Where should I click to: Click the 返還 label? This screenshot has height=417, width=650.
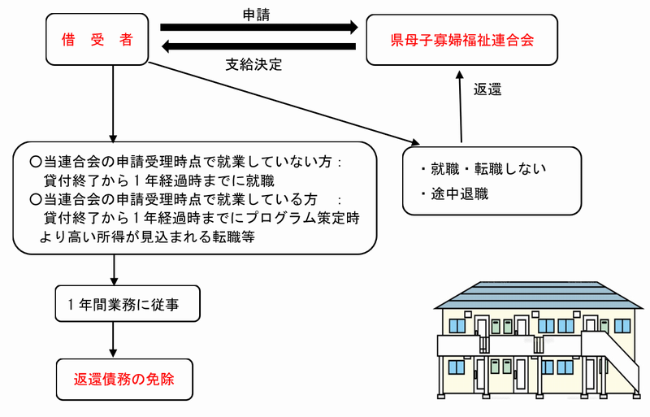click(x=487, y=89)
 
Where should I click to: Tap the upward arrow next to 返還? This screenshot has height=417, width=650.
click(x=461, y=106)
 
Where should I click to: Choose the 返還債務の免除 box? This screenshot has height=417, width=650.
click(x=123, y=378)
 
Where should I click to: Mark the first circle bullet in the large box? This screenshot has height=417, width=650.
click(x=35, y=161)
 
